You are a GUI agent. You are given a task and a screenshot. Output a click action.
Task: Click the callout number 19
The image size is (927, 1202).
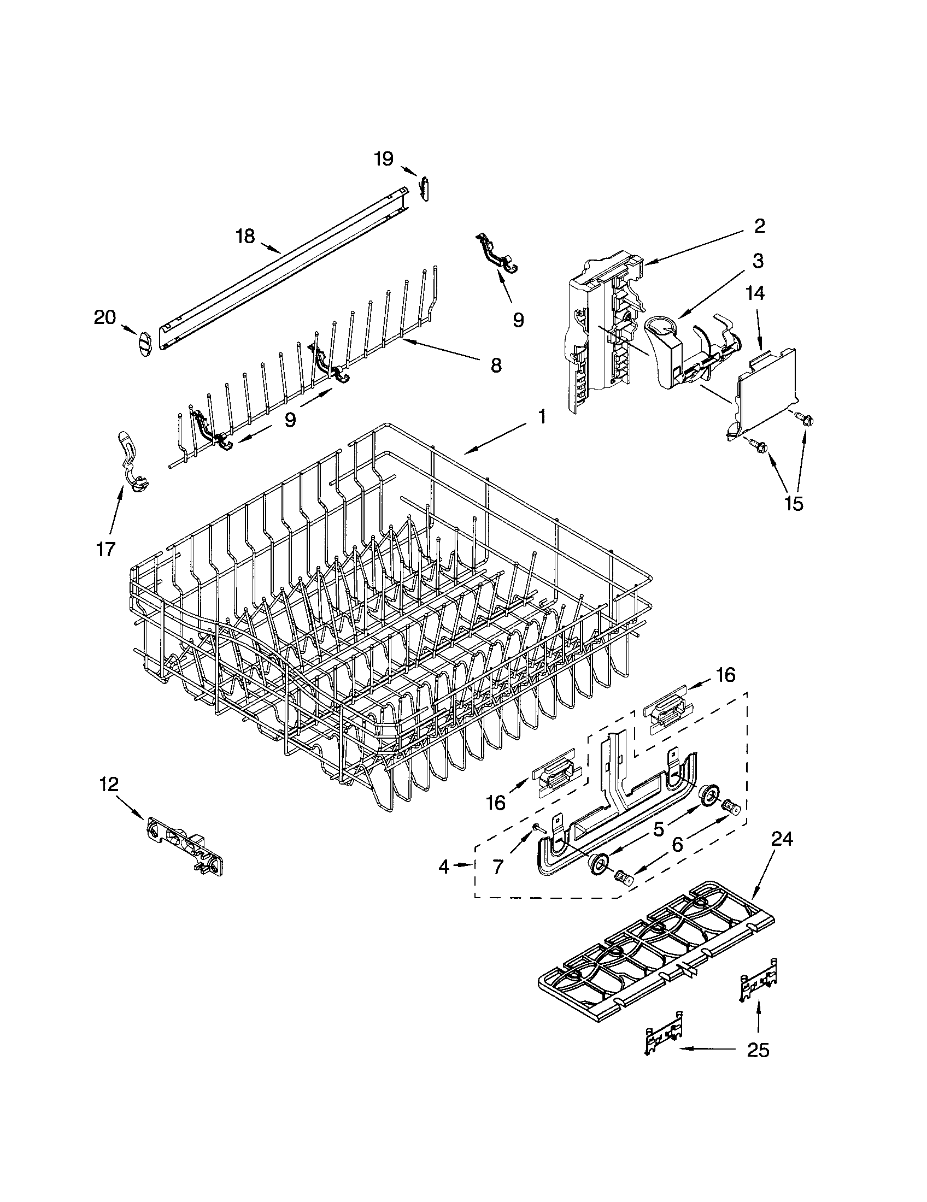tap(384, 159)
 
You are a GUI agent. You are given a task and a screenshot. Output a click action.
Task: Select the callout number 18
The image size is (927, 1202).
tap(245, 237)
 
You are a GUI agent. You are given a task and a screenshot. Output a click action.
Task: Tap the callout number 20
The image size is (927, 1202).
tap(105, 317)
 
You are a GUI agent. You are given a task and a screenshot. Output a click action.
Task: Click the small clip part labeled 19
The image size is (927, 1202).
tap(424, 188)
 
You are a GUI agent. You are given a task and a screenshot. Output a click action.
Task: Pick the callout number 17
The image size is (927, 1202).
tap(105, 548)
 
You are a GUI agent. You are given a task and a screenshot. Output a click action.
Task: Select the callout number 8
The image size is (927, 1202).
tap(495, 365)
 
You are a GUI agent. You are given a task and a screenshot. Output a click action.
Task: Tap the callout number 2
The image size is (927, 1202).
tap(759, 226)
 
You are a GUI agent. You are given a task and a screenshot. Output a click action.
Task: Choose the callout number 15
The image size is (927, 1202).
tap(794, 503)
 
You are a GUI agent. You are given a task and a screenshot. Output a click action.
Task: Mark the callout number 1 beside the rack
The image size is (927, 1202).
tap(542, 417)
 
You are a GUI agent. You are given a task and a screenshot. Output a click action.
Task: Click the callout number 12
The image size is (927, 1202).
tap(109, 784)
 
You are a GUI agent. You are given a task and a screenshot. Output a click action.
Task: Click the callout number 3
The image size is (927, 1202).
tap(758, 261)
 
